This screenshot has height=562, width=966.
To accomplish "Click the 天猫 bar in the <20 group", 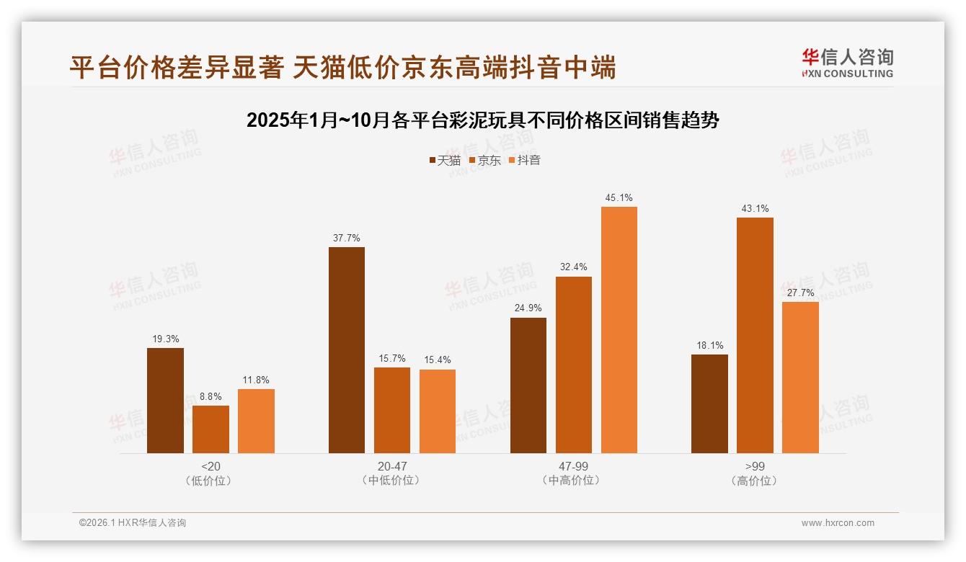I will (165, 401).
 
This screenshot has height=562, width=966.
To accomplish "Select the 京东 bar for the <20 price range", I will (211, 429).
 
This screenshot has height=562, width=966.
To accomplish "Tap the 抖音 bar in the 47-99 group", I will (619, 330).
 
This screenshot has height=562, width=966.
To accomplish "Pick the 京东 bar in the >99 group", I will (755, 335).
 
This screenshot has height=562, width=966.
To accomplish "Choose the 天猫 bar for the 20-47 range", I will (347, 350).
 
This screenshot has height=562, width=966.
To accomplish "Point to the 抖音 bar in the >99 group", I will (800, 378).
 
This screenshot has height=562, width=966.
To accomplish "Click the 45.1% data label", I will (619, 198).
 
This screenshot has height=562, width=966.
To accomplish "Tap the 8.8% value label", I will (211, 396).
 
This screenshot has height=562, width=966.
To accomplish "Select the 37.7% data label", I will (347, 238).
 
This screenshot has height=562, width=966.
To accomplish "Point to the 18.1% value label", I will (709, 346).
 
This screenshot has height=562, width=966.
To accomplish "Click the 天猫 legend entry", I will (445, 161).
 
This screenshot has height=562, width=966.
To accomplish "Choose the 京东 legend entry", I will (485, 161).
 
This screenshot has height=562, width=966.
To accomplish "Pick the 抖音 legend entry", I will (525, 161).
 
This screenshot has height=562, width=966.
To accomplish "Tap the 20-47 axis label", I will (391, 466).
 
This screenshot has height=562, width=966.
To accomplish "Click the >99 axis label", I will (755, 466).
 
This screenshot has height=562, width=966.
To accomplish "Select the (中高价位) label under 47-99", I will (573, 481).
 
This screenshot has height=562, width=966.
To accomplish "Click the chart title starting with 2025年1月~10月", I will (482, 120).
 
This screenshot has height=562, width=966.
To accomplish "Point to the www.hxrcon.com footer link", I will (838, 523).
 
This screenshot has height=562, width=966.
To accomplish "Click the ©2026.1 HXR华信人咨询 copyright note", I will (133, 523).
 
